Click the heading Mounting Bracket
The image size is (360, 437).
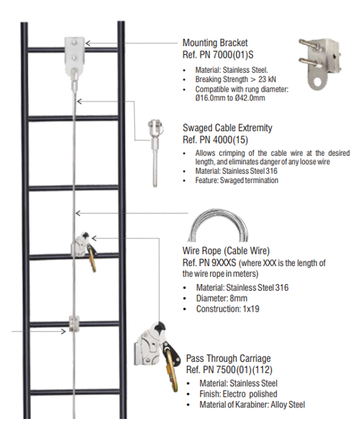click(x=215, y=43)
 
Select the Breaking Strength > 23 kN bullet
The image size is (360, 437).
click(x=236, y=79)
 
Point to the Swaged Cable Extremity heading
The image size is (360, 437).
click(x=227, y=128)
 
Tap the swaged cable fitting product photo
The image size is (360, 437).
click(x=155, y=153)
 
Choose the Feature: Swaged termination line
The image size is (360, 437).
click(x=237, y=180)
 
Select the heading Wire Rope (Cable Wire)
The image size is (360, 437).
click(x=226, y=251)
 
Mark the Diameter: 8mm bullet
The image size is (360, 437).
click(x=221, y=299)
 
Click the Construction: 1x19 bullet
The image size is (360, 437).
click(x=227, y=309)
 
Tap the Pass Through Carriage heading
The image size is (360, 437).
click(x=229, y=358)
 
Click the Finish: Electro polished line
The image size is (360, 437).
click(x=238, y=394)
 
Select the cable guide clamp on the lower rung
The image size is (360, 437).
click(x=74, y=324)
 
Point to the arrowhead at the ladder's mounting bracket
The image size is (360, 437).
click(x=88, y=43)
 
